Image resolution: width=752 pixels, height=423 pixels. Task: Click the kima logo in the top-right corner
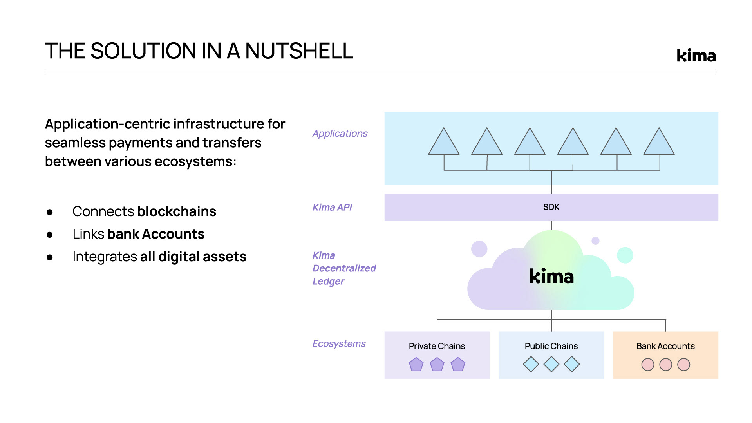(696, 56)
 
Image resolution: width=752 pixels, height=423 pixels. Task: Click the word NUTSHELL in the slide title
(299, 51)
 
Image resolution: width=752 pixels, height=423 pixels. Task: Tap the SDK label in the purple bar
(551, 207)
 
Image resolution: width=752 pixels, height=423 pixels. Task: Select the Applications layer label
(340, 134)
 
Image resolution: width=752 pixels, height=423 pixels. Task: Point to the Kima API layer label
(332, 207)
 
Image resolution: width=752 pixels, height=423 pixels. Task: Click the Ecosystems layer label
(339, 344)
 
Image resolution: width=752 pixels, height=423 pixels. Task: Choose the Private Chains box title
(437, 346)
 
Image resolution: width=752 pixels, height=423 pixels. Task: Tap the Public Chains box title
(551, 346)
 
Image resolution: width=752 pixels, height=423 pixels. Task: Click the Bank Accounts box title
(665, 346)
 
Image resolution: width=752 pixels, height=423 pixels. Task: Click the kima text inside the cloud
(551, 277)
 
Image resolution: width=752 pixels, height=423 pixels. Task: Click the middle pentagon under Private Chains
(437, 365)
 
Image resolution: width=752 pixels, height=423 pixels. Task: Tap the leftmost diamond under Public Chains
(531, 364)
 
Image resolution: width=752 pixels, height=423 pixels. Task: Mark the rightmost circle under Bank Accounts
(683, 365)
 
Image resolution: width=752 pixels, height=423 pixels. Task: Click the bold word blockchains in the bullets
(177, 211)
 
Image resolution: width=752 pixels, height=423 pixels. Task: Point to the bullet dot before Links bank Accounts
(49, 235)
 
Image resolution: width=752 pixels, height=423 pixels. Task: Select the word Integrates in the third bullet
(105, 257)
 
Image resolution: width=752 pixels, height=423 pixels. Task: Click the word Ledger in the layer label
(328, 282)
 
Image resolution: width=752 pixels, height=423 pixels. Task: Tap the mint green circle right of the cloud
(625, 255)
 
